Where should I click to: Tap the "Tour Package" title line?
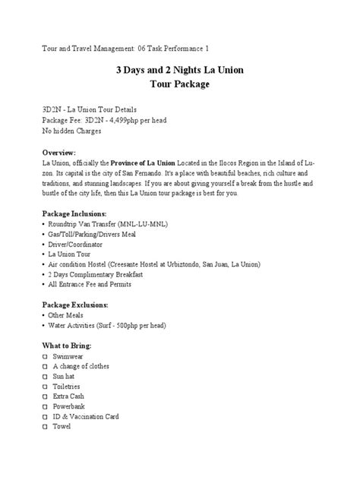tap(179, 85)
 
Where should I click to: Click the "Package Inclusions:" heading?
tap(74, 214)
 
